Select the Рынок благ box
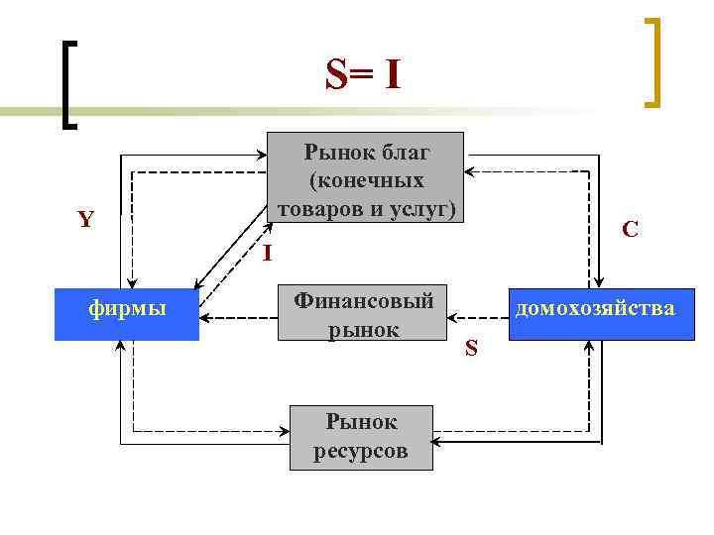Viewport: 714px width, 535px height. pos(366,177)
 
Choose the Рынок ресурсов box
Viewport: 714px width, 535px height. pos(360,438)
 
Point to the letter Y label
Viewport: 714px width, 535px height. pos(85,219)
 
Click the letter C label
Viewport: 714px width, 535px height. pos(630,230)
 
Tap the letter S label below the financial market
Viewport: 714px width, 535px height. pos(471,348)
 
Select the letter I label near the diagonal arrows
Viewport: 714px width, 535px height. pos(268,253)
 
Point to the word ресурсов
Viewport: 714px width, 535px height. pos(360,452)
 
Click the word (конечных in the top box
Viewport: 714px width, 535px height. pos(367,180)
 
